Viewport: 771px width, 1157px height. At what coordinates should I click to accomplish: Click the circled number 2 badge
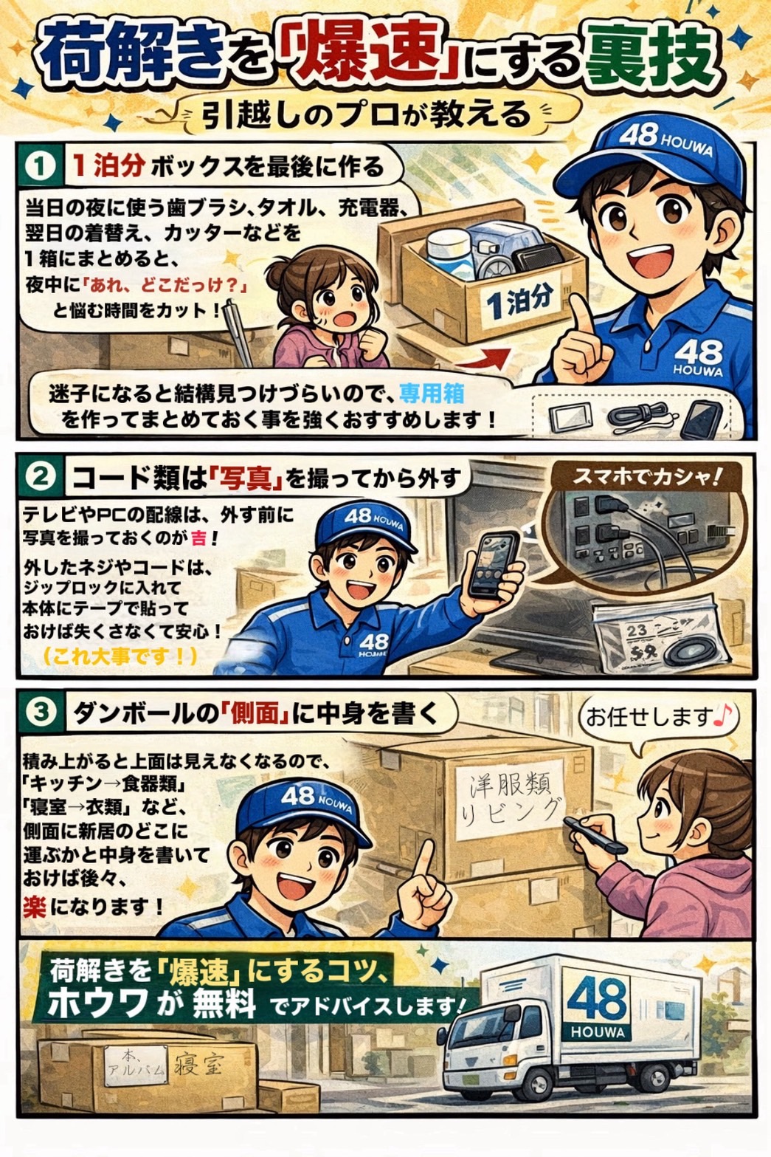[40, 478]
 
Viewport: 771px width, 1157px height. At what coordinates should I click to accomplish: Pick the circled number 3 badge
[40, 713]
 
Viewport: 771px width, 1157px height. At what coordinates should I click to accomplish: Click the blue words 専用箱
[432, 393]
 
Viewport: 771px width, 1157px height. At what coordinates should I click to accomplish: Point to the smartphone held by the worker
[493, 565]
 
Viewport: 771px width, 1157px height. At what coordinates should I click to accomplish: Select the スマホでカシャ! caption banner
[646, 476]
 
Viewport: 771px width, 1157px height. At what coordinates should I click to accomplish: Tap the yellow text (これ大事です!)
[120, 655]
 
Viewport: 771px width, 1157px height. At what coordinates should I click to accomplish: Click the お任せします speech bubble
[658, 716]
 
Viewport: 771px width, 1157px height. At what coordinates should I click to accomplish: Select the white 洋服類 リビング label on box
[509, 799]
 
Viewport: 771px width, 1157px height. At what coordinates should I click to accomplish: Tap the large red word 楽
[34, 906]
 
